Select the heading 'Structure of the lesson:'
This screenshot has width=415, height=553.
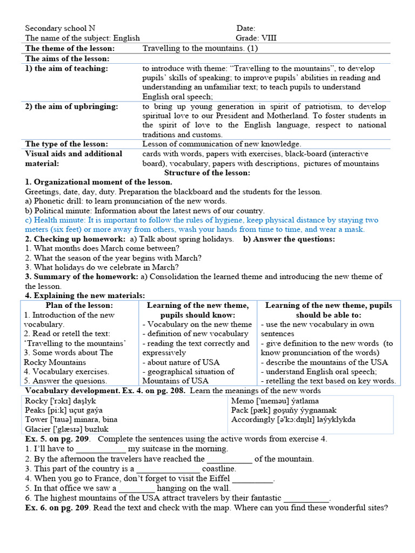click(x=207, y=173)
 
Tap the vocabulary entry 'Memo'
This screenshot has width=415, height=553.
click(x=243, y=401)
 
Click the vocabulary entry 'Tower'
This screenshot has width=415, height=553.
click(x=37, y=420)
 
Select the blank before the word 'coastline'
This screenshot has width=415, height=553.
click(x=168, y=469)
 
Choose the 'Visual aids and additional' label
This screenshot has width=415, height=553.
click(x=74, y=154)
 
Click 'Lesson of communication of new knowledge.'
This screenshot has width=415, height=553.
click(x=222, y=144)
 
